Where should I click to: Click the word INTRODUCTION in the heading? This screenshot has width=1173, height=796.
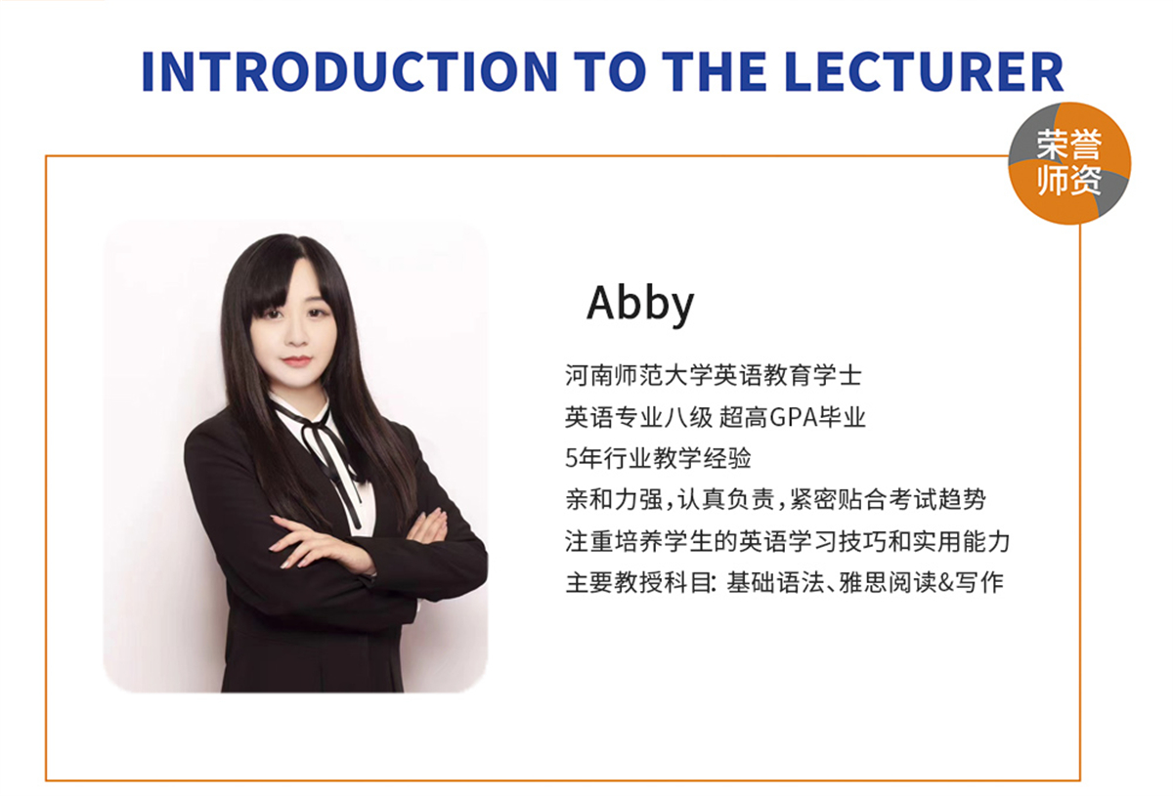[x=349, y=71]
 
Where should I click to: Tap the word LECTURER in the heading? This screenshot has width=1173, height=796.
[x=925, y=71]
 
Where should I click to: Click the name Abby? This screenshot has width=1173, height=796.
[x=640, y=304]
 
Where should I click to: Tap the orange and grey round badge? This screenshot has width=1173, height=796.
[x=1069, y=163]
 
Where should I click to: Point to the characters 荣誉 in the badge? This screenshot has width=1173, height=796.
[x=1069, y=144]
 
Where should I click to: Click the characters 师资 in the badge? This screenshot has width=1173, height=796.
[x=1069, y=180]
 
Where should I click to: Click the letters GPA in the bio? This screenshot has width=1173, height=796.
[x=795, y=417]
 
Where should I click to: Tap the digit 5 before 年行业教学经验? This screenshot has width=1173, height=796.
[x=571, y=458]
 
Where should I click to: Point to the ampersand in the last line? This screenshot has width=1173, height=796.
[x=946, y=582]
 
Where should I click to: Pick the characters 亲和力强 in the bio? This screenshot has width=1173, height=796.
[x=614, y=499]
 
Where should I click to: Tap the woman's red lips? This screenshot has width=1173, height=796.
[x=297, y=361]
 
